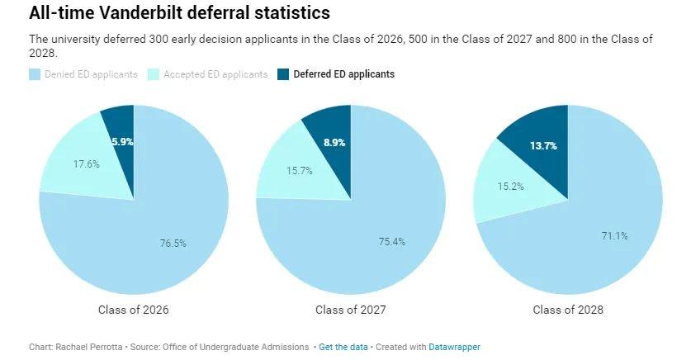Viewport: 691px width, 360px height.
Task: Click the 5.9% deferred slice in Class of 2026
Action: pyautogui.click(x=122, y=141)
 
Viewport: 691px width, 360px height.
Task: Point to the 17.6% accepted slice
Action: pyautogui.click(x=86, y=164)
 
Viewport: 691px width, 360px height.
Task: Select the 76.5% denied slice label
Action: pyautogui.click(x=173, y=243)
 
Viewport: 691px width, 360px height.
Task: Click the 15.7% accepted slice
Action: pyautogui.click(x=296, y=170)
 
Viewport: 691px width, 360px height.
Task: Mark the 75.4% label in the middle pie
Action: pyautogui.click(x=391, y=241)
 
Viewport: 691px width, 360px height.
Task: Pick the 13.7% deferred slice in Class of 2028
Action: pyautogui.click(x=542, y=146)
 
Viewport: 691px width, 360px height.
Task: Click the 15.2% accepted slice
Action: pyautogui.click(x=511, y=187)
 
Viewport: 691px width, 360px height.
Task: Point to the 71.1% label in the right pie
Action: pyautogui.click(x=614, y=235)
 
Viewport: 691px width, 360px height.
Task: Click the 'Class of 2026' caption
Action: pyautogui.click(x=133, y=310)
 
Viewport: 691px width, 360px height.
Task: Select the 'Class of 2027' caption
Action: pyautogui.click(x=350, y=310)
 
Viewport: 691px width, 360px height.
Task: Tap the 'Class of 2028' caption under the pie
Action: pyautogui.click(x=567, y=310)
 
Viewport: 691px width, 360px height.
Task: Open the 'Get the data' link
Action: pyautogui.click(x=343, y=347)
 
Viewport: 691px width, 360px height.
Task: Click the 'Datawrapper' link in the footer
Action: pyautogui.click(x=454, y=347)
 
